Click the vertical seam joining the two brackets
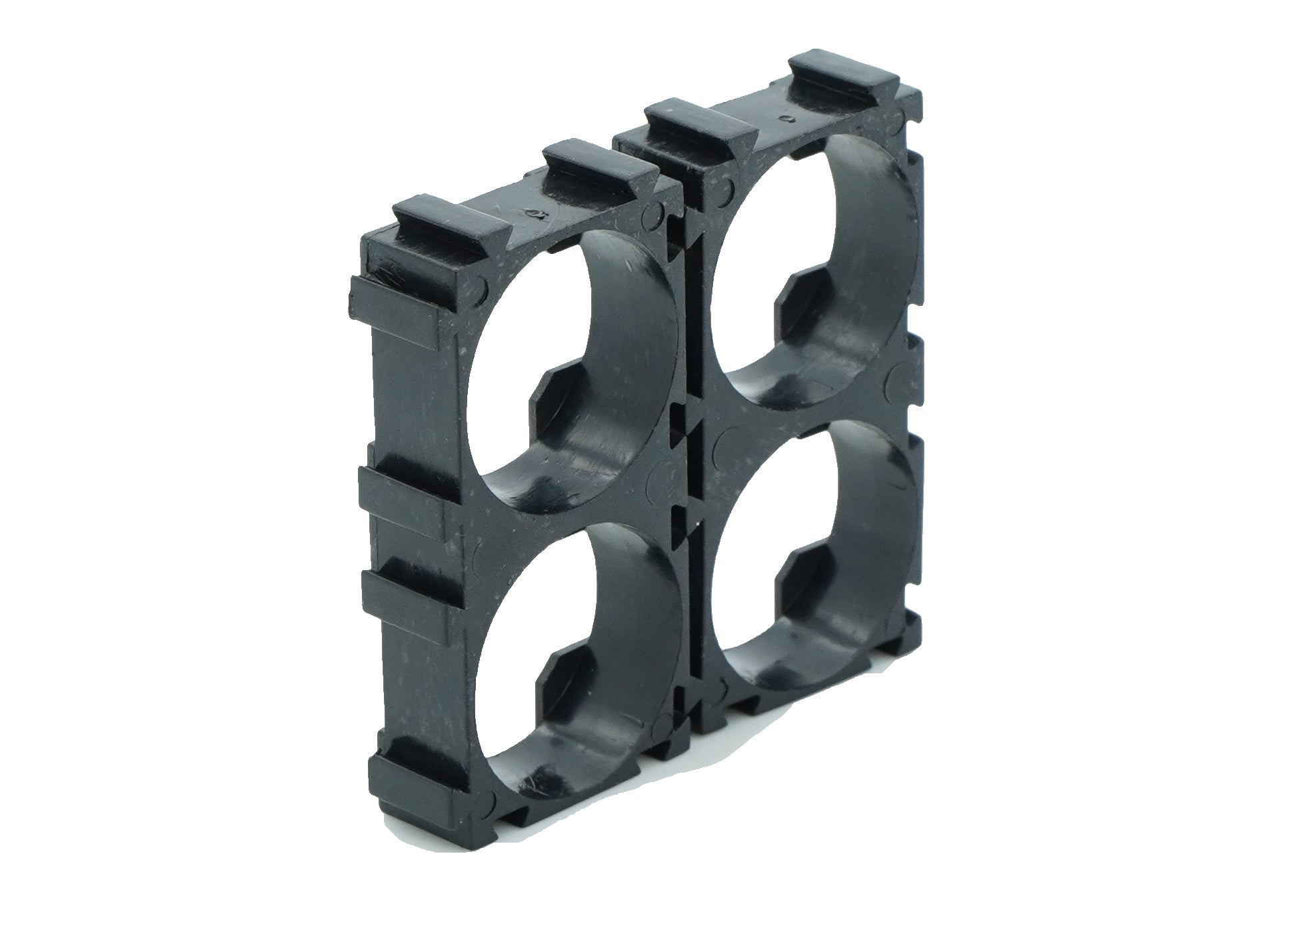click(x=693, y=467)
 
